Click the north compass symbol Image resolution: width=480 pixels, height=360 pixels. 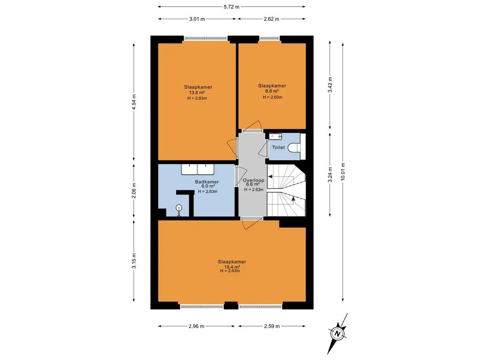point(337,333)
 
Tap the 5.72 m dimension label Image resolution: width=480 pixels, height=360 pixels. point(232,7)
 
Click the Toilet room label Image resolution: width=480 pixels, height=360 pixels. point(278,147)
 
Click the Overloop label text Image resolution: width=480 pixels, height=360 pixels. point(254,180)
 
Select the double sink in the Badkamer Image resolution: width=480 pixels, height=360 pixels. point(197,168)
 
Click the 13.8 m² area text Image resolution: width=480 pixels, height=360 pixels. point(197,92)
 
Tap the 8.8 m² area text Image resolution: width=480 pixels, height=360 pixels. point(272,91)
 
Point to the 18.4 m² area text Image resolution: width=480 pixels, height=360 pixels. point(232,267)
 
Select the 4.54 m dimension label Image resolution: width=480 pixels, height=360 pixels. point(134,102)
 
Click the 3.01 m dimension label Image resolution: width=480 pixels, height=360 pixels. point(197,19)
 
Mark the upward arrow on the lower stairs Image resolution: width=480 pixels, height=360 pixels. point(293,199)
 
